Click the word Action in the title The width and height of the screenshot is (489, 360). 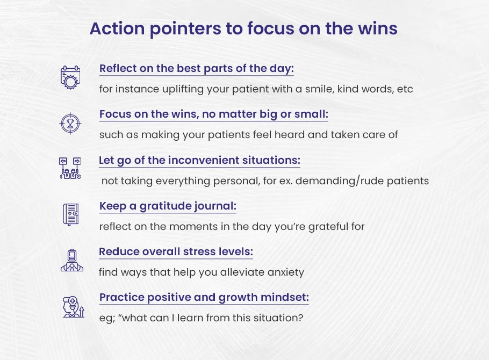coord(117,28)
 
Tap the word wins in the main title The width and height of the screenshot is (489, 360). coord(377,28)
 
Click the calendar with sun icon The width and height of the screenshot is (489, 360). coord(70,77)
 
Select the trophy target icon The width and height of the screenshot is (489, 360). coord(70,124)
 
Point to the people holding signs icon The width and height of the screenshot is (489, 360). coord(70,168)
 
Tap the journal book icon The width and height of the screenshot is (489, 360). coord(71,214)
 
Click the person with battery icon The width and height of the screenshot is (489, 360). coord(72,260)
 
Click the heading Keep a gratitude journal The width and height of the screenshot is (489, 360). coord(168,206)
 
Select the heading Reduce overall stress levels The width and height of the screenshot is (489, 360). coord(176,252)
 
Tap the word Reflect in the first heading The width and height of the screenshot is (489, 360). coord(118,68)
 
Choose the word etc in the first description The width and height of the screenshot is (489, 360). coord(405,89)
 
